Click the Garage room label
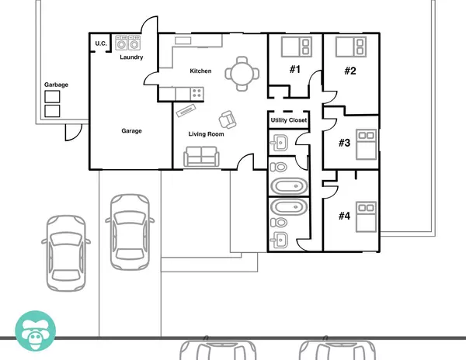(131, 131)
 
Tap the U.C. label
(101, 43)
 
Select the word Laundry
(131, 57)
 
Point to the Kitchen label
(200, 71)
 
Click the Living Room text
(206, 134)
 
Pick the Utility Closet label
(288, 120)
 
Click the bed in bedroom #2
(351, 47)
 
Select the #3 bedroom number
(345, 143)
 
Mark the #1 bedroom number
(295, 70)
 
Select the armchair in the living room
(228, 119)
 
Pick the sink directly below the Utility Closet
(281, 143)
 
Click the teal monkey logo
(36, 329)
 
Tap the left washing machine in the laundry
(122, 43)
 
